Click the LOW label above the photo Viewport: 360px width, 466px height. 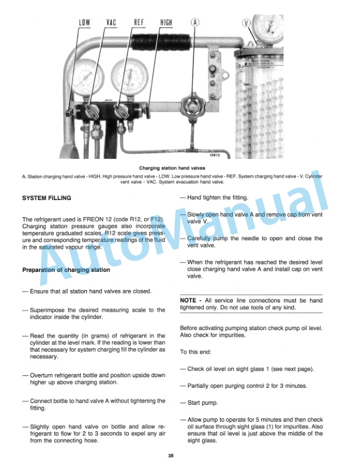[x=84, y=22]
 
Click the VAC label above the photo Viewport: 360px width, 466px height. [x=111, y=22]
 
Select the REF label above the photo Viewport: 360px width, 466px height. [x=139, y=22]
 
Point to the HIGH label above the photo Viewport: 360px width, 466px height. [x=166, y=22]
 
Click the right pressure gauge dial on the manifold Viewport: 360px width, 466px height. [x=128, y=76]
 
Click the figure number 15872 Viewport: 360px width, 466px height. [x=218, y=155]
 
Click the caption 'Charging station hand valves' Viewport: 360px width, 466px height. [x=180, y=168]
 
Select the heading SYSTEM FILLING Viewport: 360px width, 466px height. [x=46, y=198]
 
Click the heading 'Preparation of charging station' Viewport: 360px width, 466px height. [x=66, y=270]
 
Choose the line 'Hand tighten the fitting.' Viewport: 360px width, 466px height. [x=218, y=198]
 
